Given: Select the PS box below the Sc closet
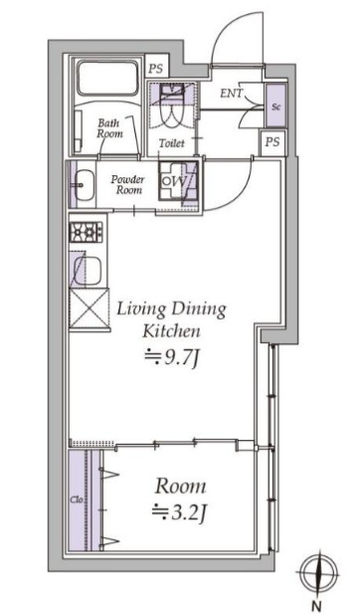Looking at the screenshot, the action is pyautogui.click(x=272, y=141).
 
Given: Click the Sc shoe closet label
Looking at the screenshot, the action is pyautogui.click(x=275, y=106).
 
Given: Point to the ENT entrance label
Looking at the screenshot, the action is pyautogui.click(x=232, y=94).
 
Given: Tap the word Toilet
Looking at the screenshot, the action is pyautogui.click(x=172, y=143).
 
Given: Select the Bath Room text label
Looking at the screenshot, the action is pyautogui.click(x=110, y=128).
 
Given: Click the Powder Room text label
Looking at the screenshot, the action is pyautogui.click(x=127, y=185).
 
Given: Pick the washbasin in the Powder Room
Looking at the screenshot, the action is pyautogui.click(x=84, y=184).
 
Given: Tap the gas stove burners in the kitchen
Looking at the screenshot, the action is pyautogui.click(x=86, y=232).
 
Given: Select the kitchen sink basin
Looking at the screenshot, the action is pyautogui.click(x=89, y=268).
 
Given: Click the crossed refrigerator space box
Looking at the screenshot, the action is pyautogui.click(x=89, y=307).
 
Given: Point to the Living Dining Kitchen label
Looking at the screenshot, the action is pyautogui.click(x=172, y=319).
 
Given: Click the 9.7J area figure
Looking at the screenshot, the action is pyautogui.click(x=170, y=357).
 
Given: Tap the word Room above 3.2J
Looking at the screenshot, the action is pyautogui.click(x=180, y=487).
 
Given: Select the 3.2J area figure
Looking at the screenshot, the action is pyautogui.click(x=178, y=512).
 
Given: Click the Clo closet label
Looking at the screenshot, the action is pyautogui.click(x=77, y=500).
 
